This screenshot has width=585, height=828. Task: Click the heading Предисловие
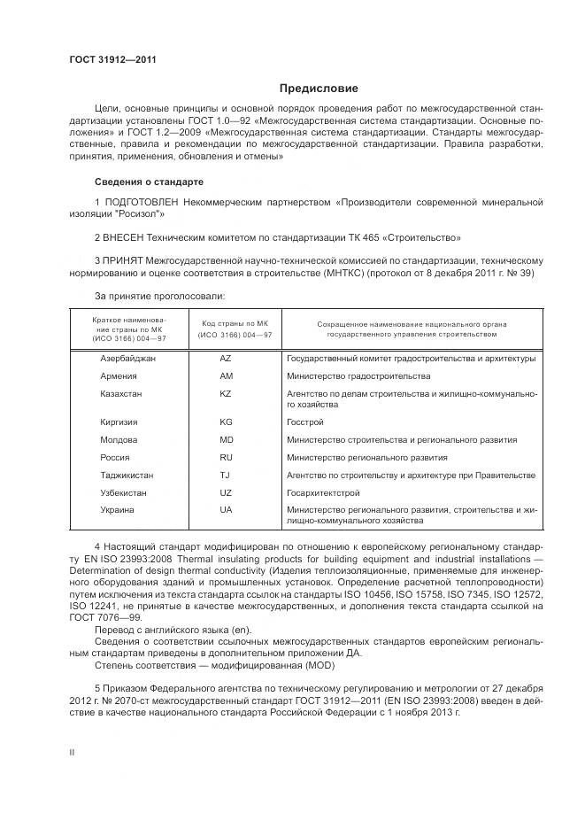click(x=319, y=89)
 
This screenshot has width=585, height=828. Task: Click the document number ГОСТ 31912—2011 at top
click(x=105, y=59)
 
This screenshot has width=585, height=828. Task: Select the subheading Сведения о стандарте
click(x=149, y=182)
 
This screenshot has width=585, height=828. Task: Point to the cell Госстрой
click(x=305, y=422)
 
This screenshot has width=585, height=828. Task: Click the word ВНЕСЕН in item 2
click(x=124, y=237)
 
